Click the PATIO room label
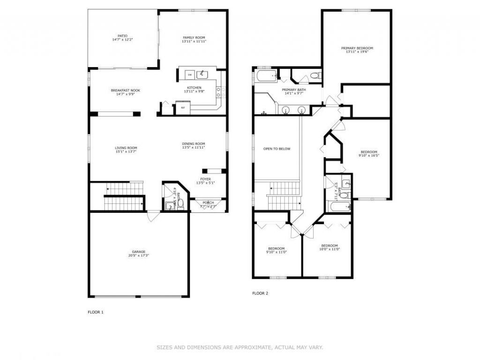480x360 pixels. click(122, 36)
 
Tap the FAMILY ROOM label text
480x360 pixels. click(194, 37)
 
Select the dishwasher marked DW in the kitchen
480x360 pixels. click(190, 75)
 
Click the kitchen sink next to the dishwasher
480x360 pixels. click(203, 74)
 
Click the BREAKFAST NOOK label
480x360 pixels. click(125, 90)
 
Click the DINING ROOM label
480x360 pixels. click(194, 144)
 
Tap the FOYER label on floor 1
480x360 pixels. click(206, 179)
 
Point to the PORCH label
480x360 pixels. click(208, 202)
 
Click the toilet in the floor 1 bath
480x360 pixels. click(180, 204)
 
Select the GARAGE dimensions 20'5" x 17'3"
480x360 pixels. click(139, 255)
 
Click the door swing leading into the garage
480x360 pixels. click(153, 217)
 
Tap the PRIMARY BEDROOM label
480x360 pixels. click(357, 48)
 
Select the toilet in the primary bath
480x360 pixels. click(315, 75)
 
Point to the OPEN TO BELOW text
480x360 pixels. click(277, 149)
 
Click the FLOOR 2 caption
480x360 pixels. click(260, 293)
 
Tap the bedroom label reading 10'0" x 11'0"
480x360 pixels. click(330, 249)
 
